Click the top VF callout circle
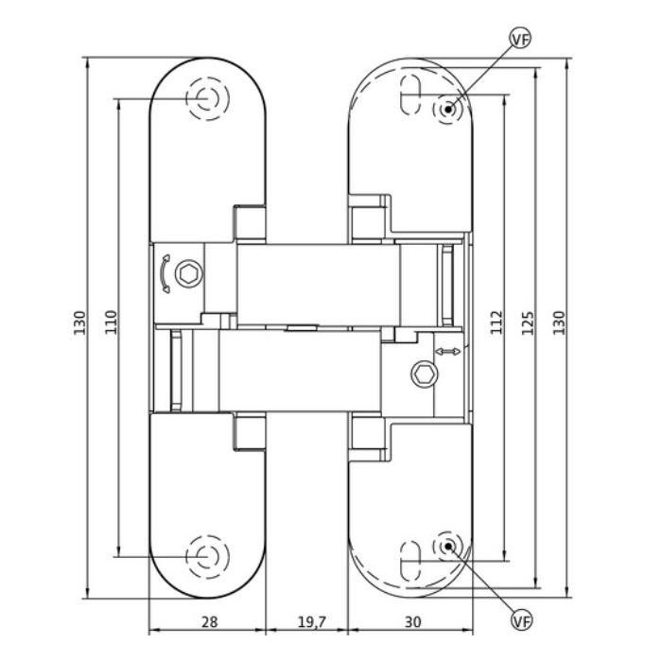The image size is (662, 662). click(x=518, y=39)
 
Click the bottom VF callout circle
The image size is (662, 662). click(x=520, y=620)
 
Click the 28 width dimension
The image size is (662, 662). click(x=210, y=621)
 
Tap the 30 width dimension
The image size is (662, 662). click(x=412, y=621)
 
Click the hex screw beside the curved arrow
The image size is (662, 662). click(x=192, y=275)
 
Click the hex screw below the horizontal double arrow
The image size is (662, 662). click(x=422, y=375)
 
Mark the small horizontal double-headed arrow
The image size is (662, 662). click(x=447, y=352)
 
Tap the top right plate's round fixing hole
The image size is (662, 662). click(x=448, y=109)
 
